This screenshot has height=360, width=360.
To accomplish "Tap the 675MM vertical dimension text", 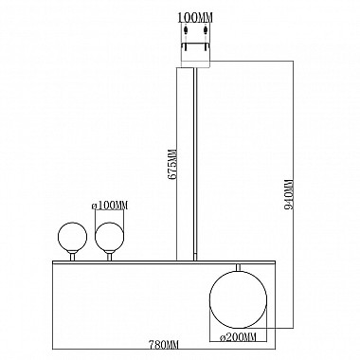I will click(x=171, y=162).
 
